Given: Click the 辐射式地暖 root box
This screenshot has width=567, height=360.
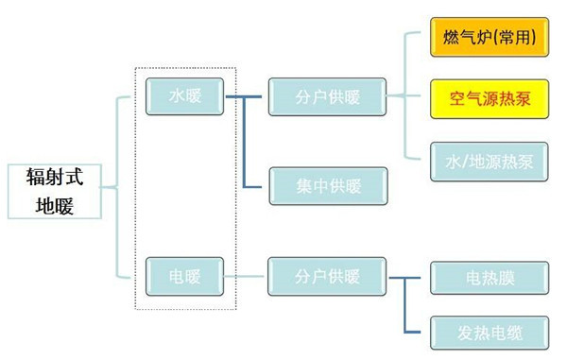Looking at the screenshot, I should click(56, 190).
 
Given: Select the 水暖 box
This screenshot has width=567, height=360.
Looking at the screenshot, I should click(184, 96).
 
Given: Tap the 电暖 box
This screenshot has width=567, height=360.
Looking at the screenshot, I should click(184, 277).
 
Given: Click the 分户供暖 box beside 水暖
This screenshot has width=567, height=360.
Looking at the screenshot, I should click(328, 96).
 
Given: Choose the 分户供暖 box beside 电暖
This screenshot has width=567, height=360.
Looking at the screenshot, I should click(328, 277).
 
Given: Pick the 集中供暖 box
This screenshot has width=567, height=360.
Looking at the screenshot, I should click(328, 185).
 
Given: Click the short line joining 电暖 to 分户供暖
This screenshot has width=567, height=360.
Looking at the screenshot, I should click(246, 277).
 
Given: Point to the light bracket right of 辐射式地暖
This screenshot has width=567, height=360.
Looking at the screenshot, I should click(118, 189).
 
